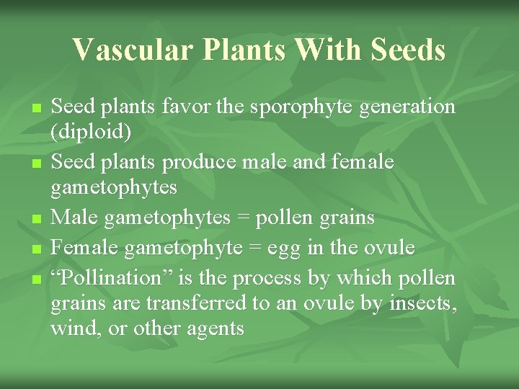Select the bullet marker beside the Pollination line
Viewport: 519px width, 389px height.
(36, 279)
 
